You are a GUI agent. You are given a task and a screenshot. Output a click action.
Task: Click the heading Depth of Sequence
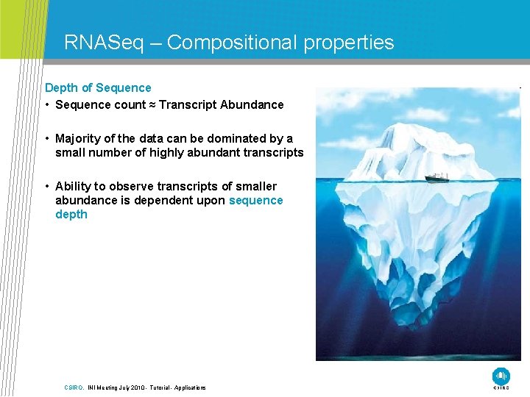coord(98,87)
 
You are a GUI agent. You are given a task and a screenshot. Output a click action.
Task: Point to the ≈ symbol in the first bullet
coord(152,104)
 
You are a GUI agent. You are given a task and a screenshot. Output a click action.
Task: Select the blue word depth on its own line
coord(71,214)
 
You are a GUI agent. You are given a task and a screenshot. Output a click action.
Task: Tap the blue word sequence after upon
coord(255,200)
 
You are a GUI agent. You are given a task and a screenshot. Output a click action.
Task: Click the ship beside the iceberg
coord(437,176)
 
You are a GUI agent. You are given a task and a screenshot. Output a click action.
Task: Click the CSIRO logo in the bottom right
coord(501,376)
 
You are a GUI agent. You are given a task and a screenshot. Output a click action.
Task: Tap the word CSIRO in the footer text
coord(73,387)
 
